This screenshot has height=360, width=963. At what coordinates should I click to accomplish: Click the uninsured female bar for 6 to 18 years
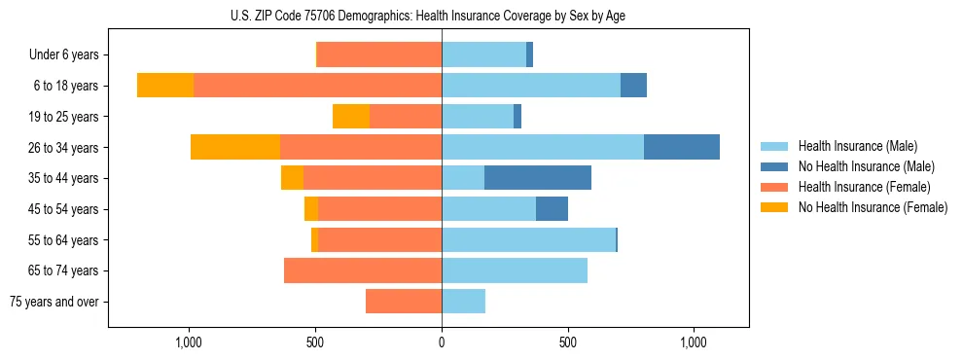pos(165,86)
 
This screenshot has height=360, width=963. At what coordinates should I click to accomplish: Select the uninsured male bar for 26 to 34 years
pos(681,147)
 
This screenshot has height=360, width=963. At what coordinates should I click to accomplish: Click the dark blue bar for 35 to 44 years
pos(537,178)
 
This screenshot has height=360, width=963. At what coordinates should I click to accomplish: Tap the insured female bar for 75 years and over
pos(404,302)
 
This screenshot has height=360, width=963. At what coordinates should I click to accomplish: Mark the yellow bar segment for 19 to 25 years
pos(351,117)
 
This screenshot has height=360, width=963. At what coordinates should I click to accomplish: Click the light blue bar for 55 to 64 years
pos(528,239)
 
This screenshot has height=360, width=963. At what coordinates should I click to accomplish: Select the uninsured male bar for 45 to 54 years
pos(552,209)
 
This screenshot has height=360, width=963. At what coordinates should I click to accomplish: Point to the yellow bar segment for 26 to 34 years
pos(235,147)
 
